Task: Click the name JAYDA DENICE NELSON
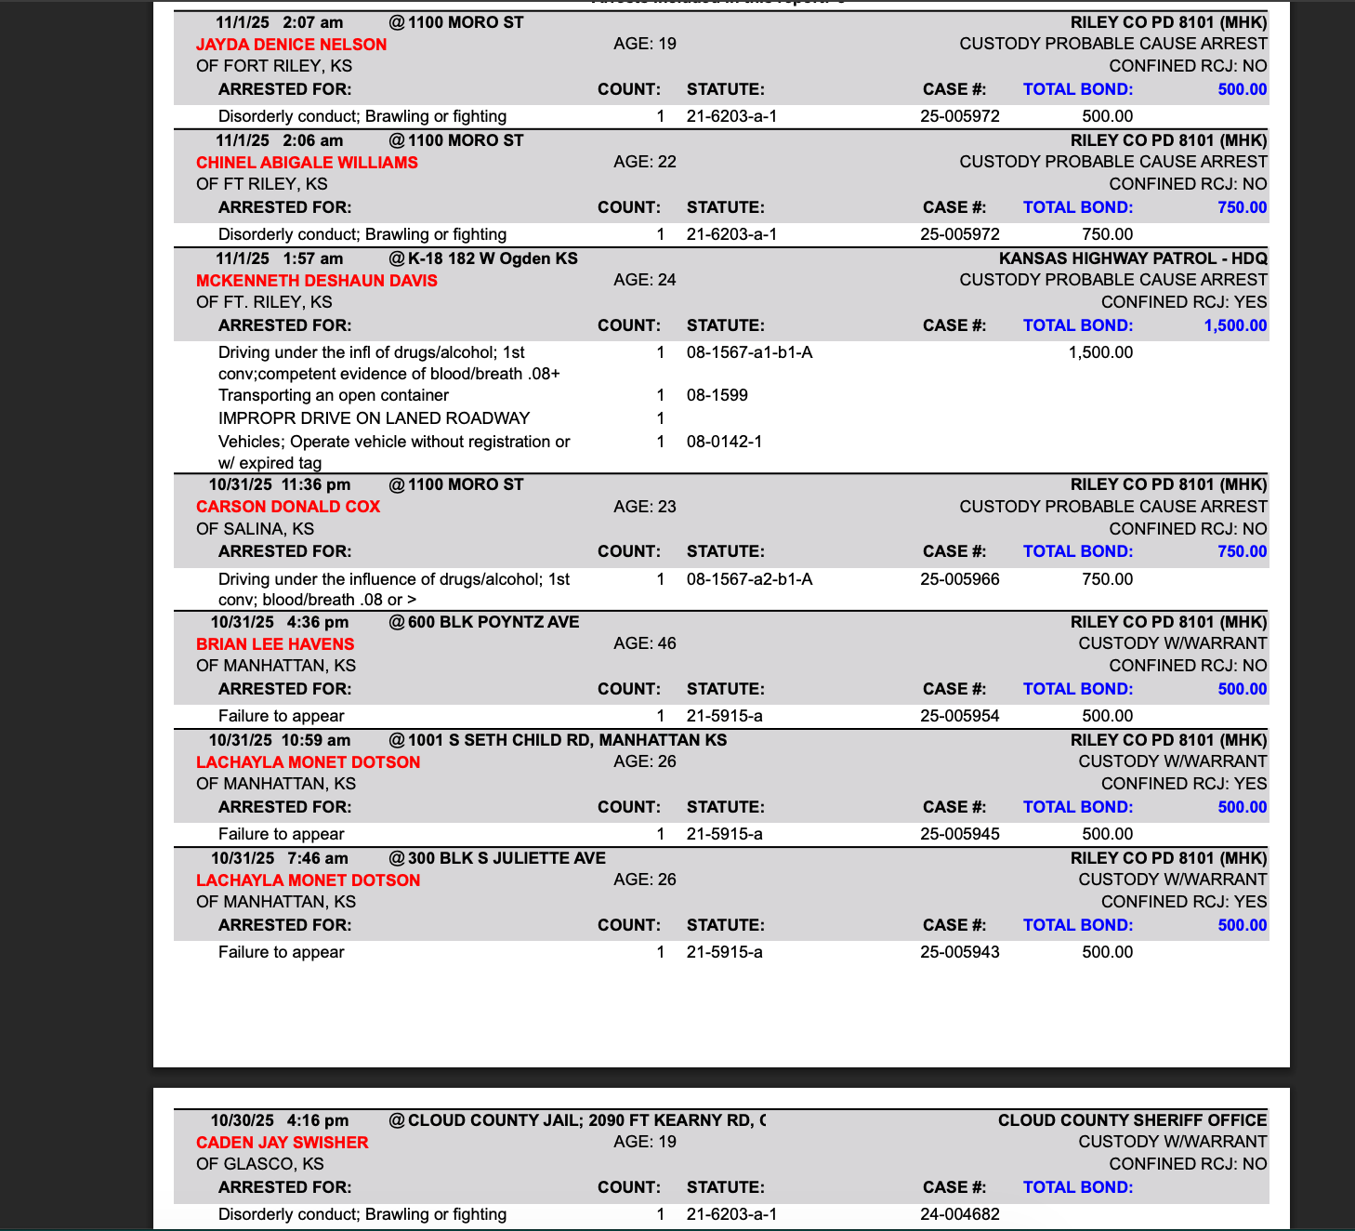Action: pyautogui.click(x=291, y=45)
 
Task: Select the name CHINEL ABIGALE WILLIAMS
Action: pyautogui.click(x=307, y=163)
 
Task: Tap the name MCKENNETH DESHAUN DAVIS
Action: pyautogui.click(x=316, y=281)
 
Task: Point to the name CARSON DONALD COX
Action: pyautogui.click(x=288, y=507)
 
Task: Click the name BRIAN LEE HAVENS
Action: pyautogui.click(x=275, y=644)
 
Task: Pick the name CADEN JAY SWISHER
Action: pyautogui.click(x=282, y=1143)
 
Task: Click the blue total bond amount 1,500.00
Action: pyautogui.click(x=1235, y=325)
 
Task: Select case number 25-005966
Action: pyautogui.click(x=960, y=579)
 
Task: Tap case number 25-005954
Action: pyautogui.click(x=960, y=716)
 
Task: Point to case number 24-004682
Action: pyautogui.click(x=960, y=1214)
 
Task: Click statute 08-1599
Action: pyautogui.click(x=717, y=395)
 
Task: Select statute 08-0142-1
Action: pyautogui.click(x=725, y=442)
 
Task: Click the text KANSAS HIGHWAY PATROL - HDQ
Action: pyautogui.click(x=1133, y=258)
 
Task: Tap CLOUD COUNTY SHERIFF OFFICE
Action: pyautogui.click(x=1132, y=1120)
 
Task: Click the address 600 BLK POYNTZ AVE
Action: pyautogui.click(x=493, y=622)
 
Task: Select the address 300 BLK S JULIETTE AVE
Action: pyautogui.click(x=506, y=858)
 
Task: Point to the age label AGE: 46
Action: pyautogui.click(x=645, y=643)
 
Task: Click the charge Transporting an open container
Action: pyautogui.click(x=334, y=395)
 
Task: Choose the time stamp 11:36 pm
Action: pyautogui.click(x=316, y=484)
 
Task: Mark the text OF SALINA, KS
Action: pyautogui.click(x=255, y=529)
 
